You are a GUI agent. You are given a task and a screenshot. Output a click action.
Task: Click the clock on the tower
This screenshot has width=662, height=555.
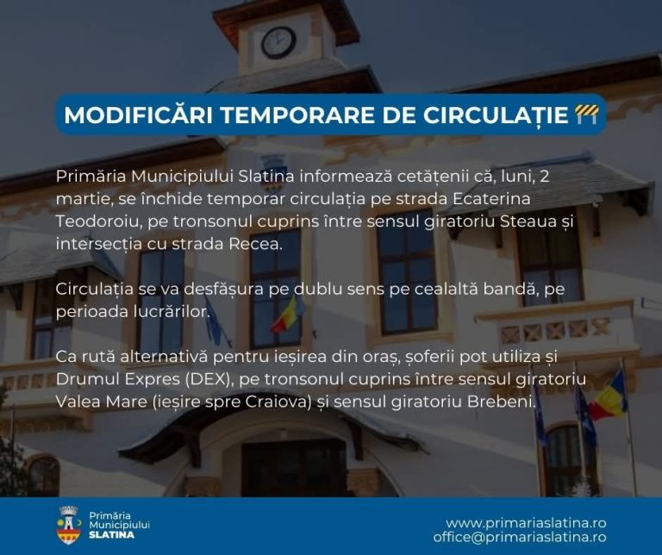coord(278,42)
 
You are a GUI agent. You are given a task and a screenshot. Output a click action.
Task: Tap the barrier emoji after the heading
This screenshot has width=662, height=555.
coord(586,115)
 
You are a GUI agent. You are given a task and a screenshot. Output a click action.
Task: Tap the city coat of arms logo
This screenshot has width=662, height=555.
coord(68,525)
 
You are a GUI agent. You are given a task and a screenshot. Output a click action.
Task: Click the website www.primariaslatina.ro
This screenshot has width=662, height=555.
coord(526,522)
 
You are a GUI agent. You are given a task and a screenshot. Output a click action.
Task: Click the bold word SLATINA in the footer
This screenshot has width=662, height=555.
coord(112,535)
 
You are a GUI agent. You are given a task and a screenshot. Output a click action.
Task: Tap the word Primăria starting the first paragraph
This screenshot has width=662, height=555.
coord(90,177)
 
